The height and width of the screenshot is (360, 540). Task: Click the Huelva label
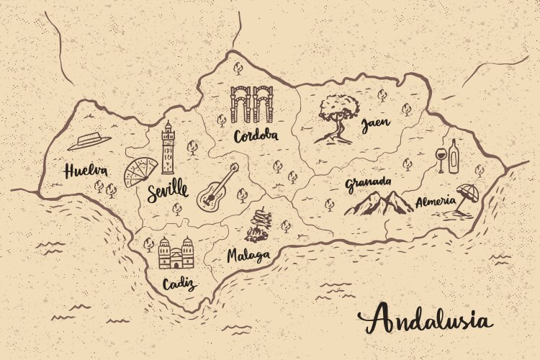pyautogui.click(x=85, y=171)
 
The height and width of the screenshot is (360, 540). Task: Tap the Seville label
pyautogui.click(x=166, y=192)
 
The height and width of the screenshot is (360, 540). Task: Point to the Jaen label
pyautogui.click(x=375, y=124)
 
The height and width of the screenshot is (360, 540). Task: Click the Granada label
pyautogui.click(x=368, y=182)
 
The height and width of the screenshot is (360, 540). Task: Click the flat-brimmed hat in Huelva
pyautogui.click(x=90, y=140)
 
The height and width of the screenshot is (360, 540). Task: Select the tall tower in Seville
pyautogui.click(x=168, y=148)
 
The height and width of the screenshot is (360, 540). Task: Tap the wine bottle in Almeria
pyautogui.click(x=454, y=156)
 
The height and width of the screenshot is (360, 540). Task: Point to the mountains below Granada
pyautogui.click(x=379, y=203)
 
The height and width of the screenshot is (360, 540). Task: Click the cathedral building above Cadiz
pyautogui.click(x=176, y=254)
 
